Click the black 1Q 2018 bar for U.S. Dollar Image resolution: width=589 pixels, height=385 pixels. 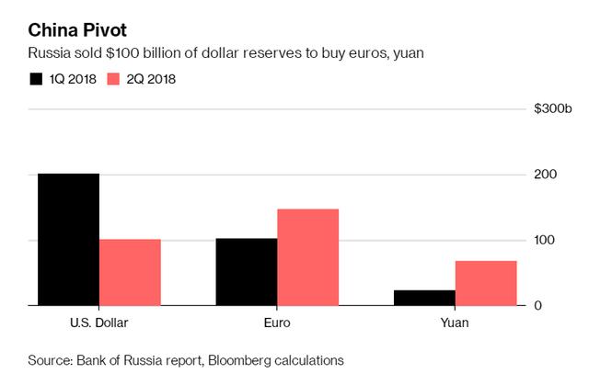pyautogui.click(x=68, y=239)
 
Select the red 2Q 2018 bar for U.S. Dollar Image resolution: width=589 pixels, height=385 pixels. pyautogui.click(x=130, y=272)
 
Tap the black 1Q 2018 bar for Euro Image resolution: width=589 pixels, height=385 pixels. pyautogui.click(x=246, y=272)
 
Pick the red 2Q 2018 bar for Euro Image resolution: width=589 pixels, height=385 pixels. pyautogui.click(x=307, y=257)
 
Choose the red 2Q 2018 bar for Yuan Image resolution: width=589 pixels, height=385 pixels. pyautogui.click(x=486, y=283)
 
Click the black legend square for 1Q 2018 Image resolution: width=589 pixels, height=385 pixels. pyautogui.click(x=38, y=79)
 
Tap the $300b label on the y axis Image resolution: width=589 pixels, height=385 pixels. pyautogui.click(x=553, y=109)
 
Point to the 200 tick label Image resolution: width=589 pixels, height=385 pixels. pyautogui.click(x=545, y=175)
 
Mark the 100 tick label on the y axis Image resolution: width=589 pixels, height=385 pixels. pyautogui.click(x=545, y=240)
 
